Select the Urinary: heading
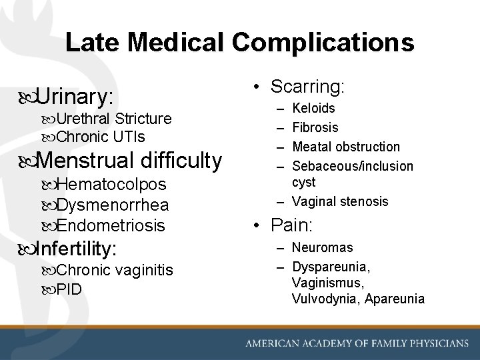coord(75,97)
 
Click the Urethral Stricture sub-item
coord(114,119)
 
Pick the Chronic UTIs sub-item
coord(101,137)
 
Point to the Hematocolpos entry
coord(111,184)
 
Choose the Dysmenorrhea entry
coord(113,205)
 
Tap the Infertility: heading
coord(76,249)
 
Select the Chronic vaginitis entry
coord(115,270)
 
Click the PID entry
coord(69,290)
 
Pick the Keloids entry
coord(313,108)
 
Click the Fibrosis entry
coord(315,127)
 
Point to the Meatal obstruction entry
coord(345,147)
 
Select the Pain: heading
coord(291,224)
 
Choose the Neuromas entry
coord(322,247)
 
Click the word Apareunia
coord(393,299)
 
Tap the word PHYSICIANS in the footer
coord(433,343)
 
